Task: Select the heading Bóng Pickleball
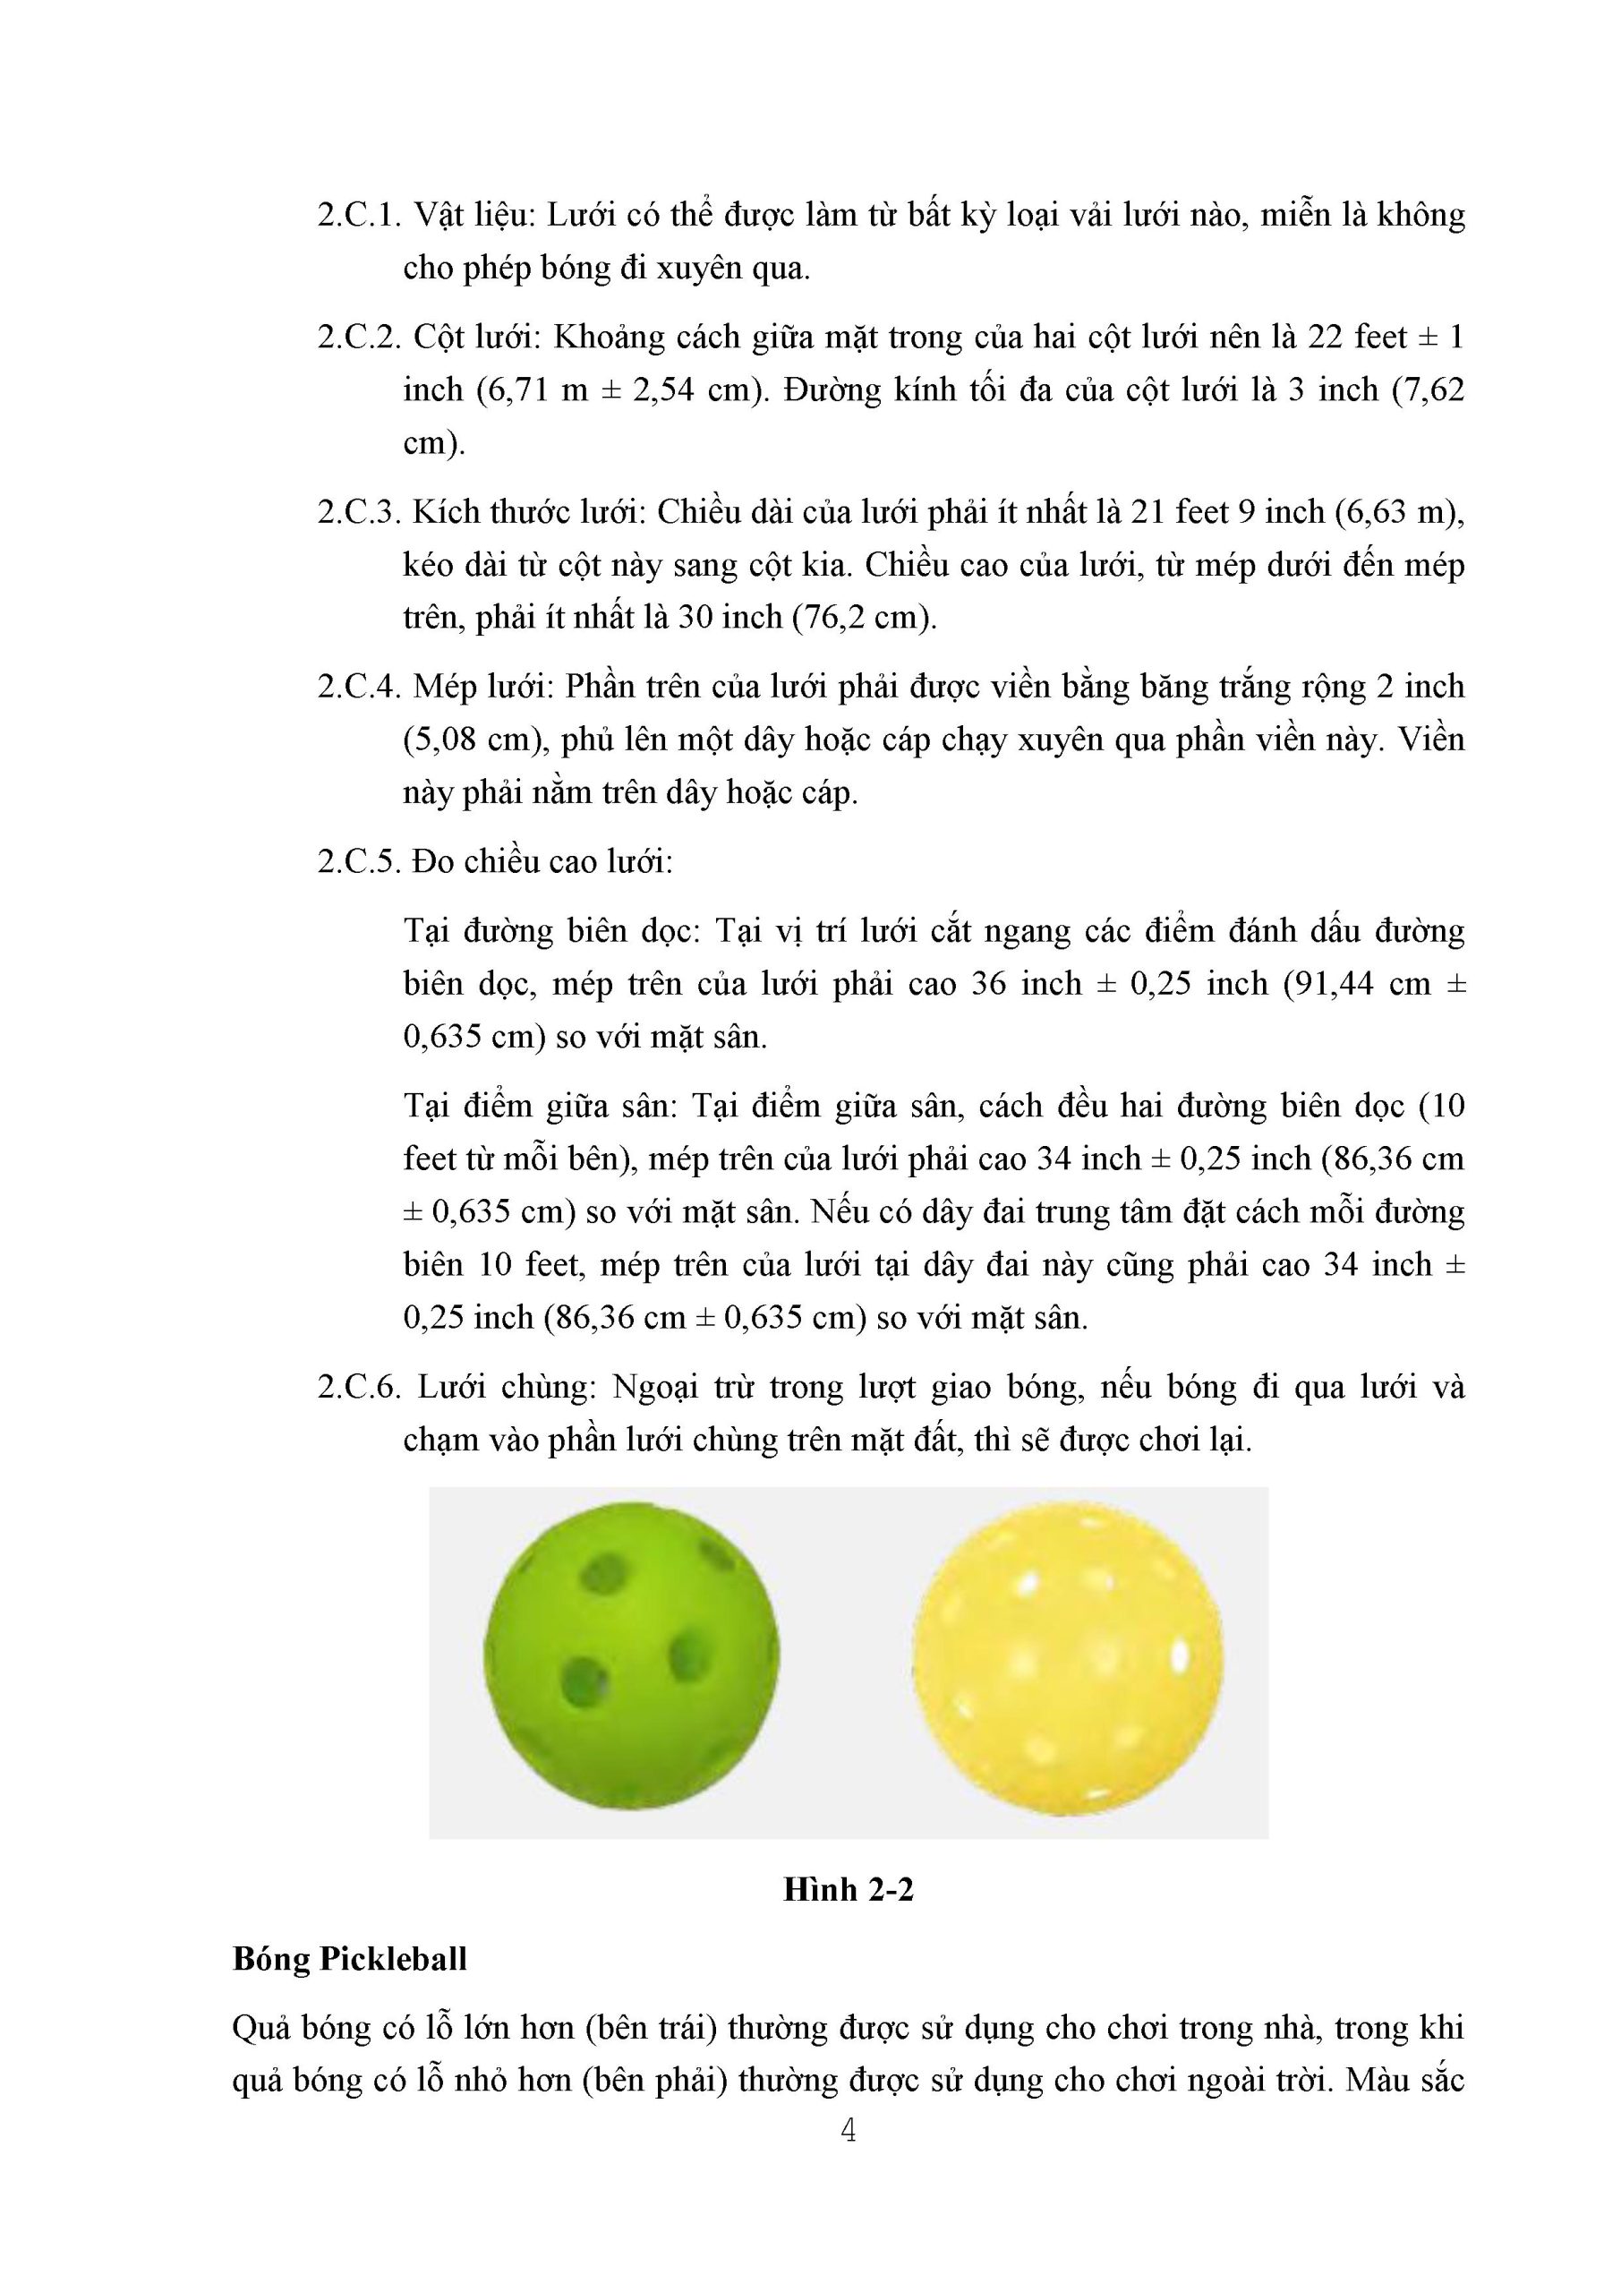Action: coord(349,1960)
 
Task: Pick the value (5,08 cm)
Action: coord(474,740)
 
